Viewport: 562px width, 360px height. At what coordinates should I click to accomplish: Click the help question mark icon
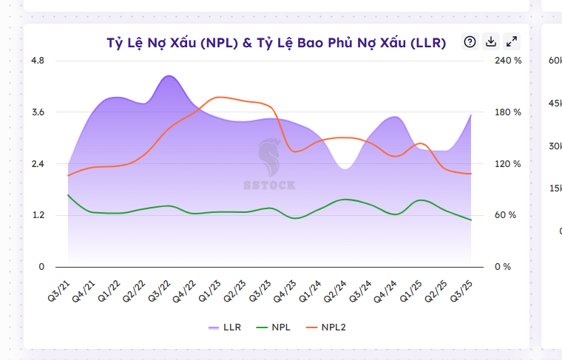(x=470, y=41)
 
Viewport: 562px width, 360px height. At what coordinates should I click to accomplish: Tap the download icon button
(x=490, y=41)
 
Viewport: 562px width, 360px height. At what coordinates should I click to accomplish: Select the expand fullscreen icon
(x=511, y=41)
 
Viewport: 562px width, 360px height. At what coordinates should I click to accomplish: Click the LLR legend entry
(x=224, y=327)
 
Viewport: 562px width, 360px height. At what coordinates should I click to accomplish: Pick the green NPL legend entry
(x=272, y=327)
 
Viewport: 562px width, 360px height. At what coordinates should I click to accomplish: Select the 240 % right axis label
(x=508, y=60)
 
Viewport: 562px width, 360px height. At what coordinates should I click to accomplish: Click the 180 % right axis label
(x=508, y=112)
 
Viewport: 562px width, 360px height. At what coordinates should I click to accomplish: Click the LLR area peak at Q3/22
(x=169, y=76)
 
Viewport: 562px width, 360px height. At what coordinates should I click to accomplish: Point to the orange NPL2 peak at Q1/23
(x=219, y=97)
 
